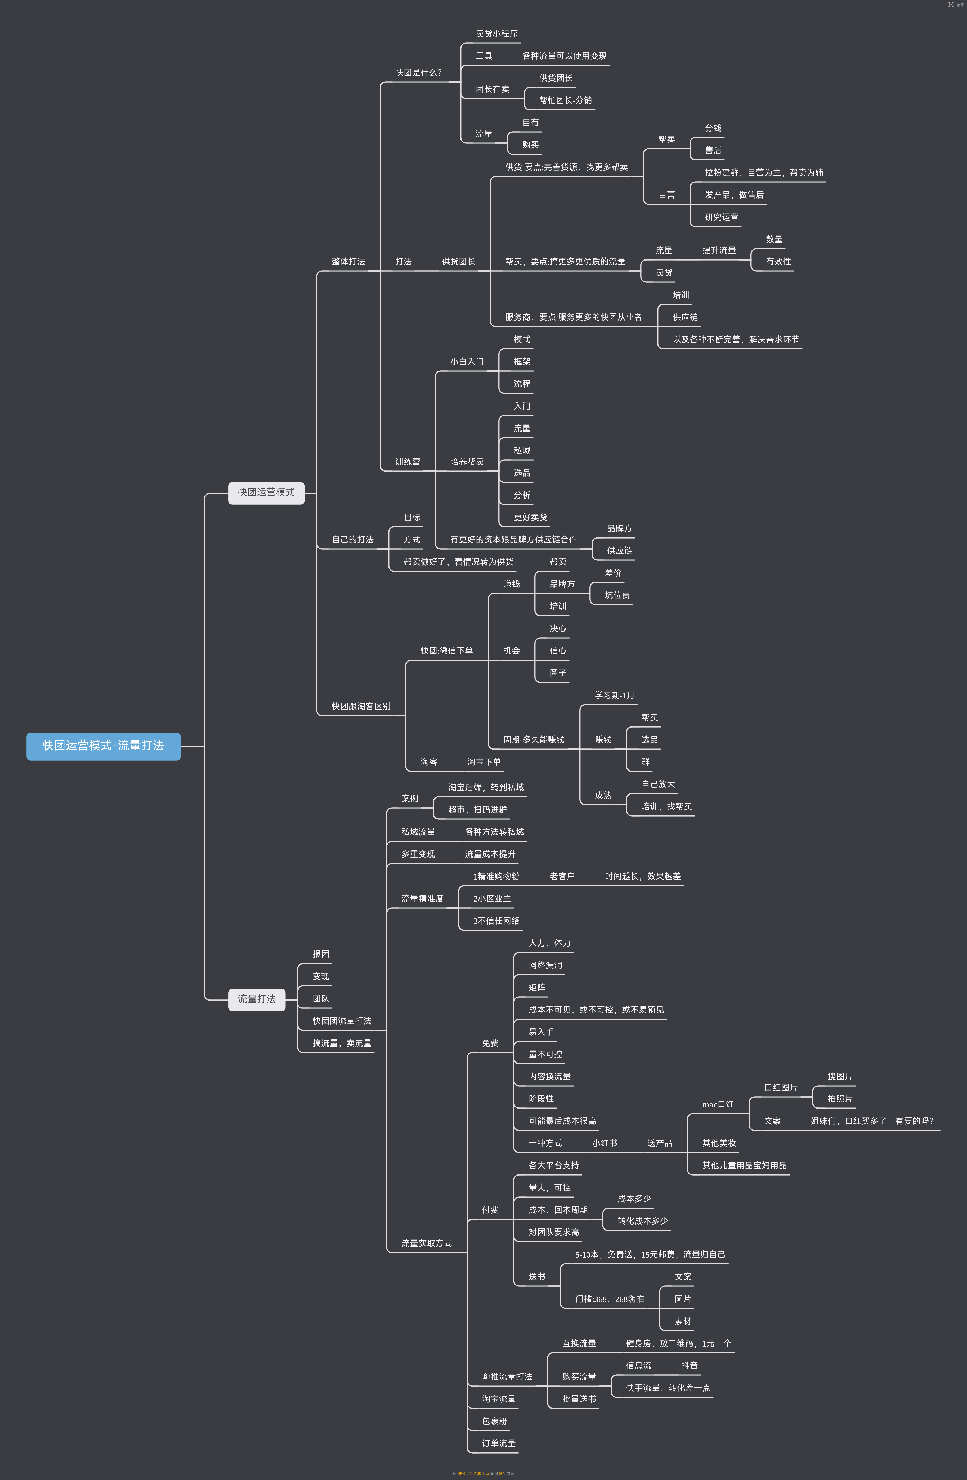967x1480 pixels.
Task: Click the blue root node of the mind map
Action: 103,746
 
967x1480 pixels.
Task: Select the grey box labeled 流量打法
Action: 257,999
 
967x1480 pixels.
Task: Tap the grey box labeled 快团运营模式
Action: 266,492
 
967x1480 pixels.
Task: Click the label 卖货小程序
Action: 497,34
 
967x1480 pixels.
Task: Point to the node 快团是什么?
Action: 419,73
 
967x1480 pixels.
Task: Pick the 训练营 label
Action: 408,462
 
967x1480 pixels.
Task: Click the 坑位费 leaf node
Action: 617,595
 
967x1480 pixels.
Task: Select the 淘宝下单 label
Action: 484,762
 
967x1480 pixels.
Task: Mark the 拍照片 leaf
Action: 840,1099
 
